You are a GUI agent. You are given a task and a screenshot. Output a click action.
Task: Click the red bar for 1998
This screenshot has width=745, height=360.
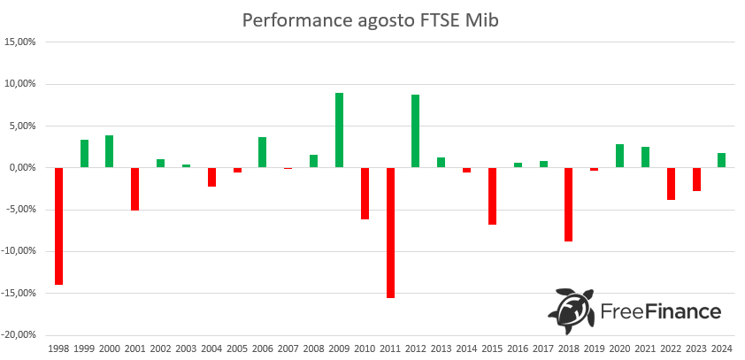tap(59, 226)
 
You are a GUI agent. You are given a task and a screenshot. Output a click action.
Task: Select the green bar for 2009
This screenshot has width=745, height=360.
tap(339, 130)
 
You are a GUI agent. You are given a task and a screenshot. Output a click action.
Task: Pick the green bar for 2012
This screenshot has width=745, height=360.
tap(415, 131)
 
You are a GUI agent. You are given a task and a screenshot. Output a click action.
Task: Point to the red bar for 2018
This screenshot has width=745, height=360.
tap(568, 204)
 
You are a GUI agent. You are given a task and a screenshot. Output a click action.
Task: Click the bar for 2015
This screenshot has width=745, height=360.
tap(492, 195)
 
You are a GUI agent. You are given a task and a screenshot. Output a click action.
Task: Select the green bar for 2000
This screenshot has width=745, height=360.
tap(110, 151)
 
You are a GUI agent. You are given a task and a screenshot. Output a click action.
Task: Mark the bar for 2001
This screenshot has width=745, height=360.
tap(135, 188)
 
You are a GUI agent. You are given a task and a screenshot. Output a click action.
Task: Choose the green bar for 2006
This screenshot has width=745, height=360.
tap(263, 152)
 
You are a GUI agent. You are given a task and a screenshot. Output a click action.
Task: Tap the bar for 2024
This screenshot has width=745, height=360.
tap(722, 160)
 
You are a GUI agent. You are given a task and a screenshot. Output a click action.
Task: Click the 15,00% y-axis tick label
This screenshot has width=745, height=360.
tap(20, 42)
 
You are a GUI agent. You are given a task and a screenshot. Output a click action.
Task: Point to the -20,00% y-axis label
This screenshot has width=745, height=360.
tap(19, 335)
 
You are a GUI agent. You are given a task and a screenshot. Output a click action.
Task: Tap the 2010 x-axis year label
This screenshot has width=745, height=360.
tap(365, 349)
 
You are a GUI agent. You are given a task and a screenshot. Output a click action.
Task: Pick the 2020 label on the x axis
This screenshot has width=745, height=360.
tap(619, 349)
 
